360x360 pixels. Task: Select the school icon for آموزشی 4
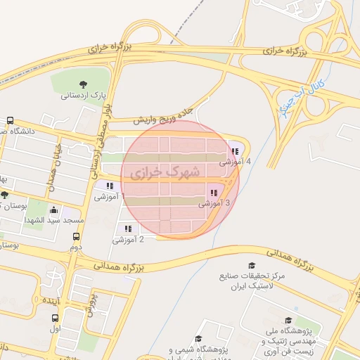(x=234, y=151)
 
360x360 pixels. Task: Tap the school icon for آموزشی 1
(x=110, y=186)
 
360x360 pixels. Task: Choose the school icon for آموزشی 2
(x=128, y=229)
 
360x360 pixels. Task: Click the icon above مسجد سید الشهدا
(x=54, y=210)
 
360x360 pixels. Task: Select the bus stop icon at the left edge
(x=9, y=120)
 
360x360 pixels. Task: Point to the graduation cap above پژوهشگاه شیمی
(x=198, y=339)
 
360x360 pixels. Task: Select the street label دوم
(x=75, y=247)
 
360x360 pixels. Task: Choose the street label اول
(x=56, y=328)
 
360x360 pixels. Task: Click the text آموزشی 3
(x=214, y=203)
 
